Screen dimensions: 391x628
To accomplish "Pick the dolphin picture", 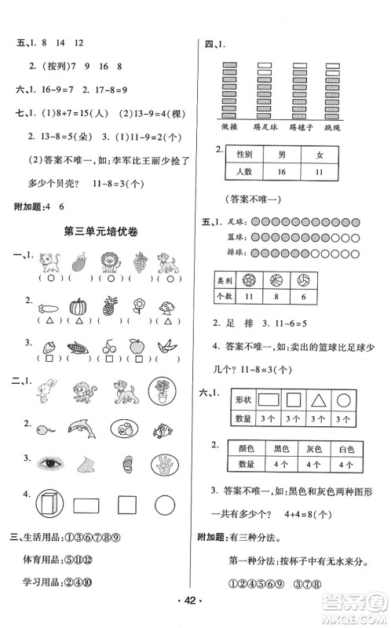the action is (x=81, y=427).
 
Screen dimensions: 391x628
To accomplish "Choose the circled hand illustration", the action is (x=162, y=465).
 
